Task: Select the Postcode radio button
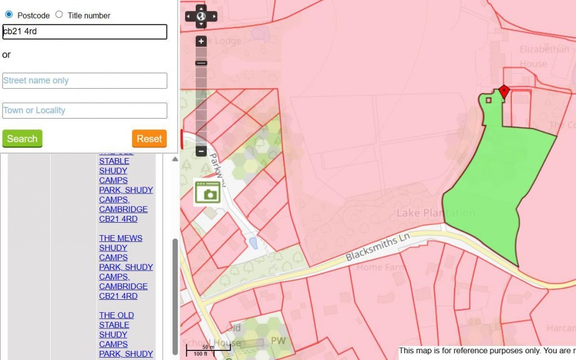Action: pyautogui.click(x=8, y=15)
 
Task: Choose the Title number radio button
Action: pyautogui.click(x=59, y=15)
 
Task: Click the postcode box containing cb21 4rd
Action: pyautogui.click(x=85, y=31)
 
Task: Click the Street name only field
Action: pyautogui.click(x=85, y=80)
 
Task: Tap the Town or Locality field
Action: pyautogui.click(x=85, y=110)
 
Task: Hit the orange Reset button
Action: pyautogui.click(x=149, y=138)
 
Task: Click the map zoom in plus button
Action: pyautogui.click(x=201, y=42)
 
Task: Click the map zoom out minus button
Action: pyautogui.click(x=201, y=151)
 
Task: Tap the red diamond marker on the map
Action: pyautogui.click(x=504, y=91)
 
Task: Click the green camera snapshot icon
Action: pyautogui.click(x=207, y=192)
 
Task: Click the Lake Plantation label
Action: pyautogui.click(x=436, y=213)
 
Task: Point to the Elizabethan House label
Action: pyautogui.click(x=544, y=56)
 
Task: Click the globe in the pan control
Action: pyautogui.click(x=201, y=16)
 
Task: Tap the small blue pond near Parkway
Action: pyautogui.click(x=253, y=243)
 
